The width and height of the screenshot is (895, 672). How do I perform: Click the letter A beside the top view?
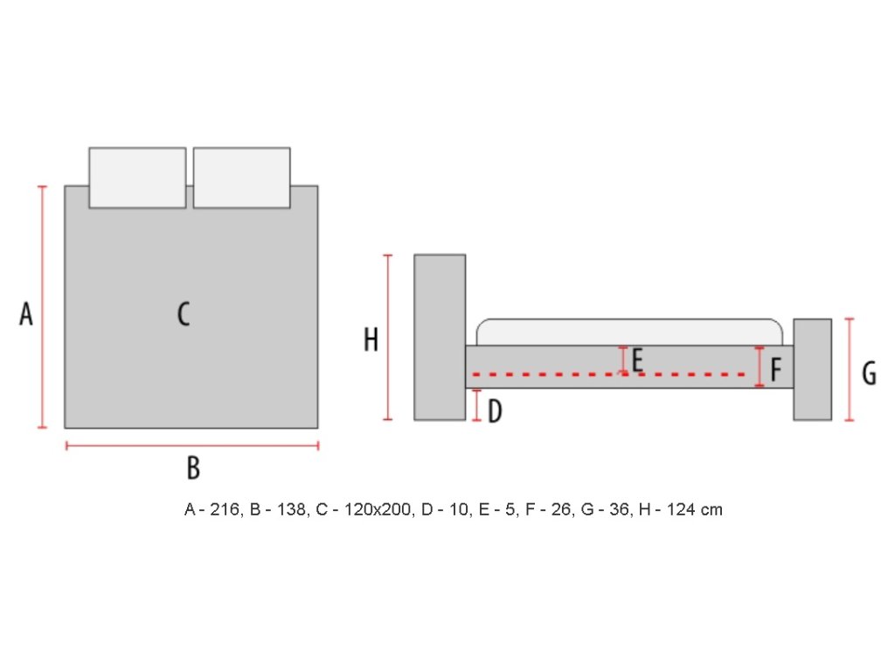pyautogui.click(x=26, y=313)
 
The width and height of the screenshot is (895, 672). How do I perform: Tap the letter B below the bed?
pyautogui.click(x=193, y=468)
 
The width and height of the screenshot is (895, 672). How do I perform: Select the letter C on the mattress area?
pyautogui.click(x=184, y=313)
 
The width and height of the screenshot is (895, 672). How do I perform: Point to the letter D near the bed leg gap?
pyautogui.click(x=495, y=411)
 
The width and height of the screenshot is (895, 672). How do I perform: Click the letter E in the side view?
pyautogui.click(x=637, y=360)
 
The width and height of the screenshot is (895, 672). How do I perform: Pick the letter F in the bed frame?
pyautogui.click(x=775, y=369)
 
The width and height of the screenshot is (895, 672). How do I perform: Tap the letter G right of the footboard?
pyautogui.click(x=869, y=374)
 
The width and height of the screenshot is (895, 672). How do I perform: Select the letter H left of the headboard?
pyautogui.click(x=371, y=339)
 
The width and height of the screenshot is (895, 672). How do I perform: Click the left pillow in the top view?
pyautogui.click(x=137, y=178)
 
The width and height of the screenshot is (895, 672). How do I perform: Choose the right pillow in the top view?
pyautogui.click(x=241, y=178)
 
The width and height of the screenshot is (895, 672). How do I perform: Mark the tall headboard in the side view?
pyautogui.click(x=440, y=337)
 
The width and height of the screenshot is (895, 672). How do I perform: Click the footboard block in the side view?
pyautogui.click(x=812, y=369)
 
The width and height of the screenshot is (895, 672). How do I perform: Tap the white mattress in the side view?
pyautogui.click(x=629, y=332)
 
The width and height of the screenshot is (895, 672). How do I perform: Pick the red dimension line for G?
pyautogui.click(x=850, y=369)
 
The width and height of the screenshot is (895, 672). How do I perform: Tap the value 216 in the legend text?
pyautogui.click(x=225, y=509)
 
